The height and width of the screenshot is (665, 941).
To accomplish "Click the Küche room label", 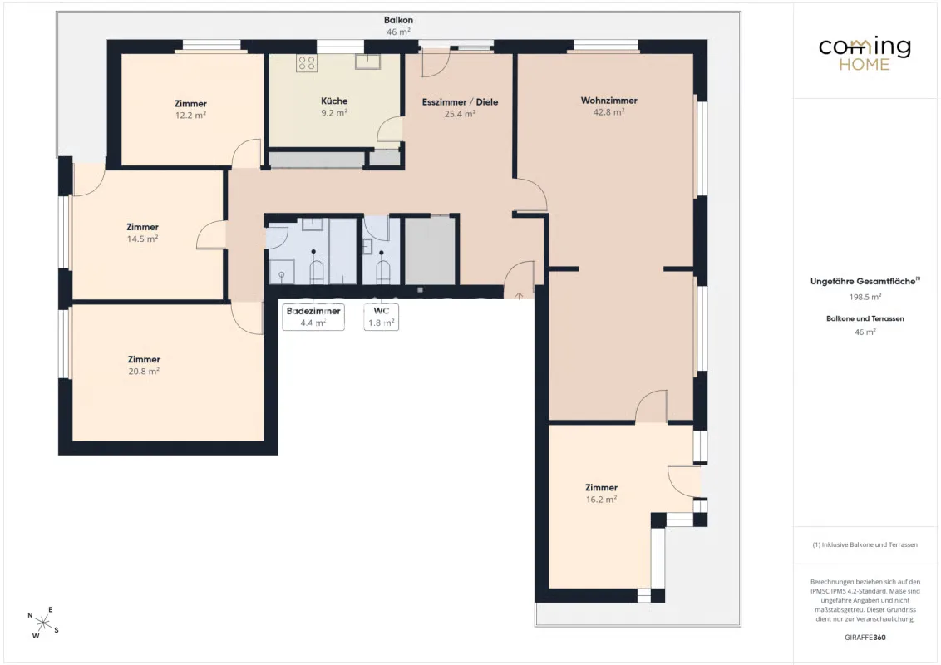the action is pyautogui.click(x=334, y=101).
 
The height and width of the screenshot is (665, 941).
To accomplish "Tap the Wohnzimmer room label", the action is pyautogui.click(x=608, y=101).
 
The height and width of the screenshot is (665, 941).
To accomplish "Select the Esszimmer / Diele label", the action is pyautogui.click(x=460, y=102).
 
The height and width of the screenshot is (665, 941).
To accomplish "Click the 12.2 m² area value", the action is pyautogui.click(x=190, y=116).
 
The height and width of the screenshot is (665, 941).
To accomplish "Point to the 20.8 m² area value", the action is pyautogui.click(x=144, y=371).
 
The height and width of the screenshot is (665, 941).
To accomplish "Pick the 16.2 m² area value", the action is pyautogui.click(x=601, y=500).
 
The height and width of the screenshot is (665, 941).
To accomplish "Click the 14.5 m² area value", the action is pyautogui.click(x=142, y=239).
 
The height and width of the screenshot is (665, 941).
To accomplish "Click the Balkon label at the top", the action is pyautogui.click(x=398, y=20).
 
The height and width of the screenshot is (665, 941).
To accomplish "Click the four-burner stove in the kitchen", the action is pyautogui.click(x=307, y=63).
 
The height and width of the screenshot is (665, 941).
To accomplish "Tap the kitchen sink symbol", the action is pyautogui.click(x=367, y=62).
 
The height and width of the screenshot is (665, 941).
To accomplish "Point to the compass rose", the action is pyautogui.click(x=43, y=623).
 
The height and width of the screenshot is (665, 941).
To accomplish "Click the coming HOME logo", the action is pyautogui.click(x=865, y=54).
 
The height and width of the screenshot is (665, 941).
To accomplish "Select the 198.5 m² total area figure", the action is pyautogui.click(x=865, y=297).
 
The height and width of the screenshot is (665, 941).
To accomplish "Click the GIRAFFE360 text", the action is pyautogui.click(x=865, y=638).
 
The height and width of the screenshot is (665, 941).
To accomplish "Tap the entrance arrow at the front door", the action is pyautogui.click(x=519, y=295).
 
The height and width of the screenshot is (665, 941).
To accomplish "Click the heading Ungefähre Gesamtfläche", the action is pyautogui.click(x=863, y=281).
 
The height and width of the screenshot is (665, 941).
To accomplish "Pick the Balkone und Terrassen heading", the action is pyautogui.click(x=865, y=318).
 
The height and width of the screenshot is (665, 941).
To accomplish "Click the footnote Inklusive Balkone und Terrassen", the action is pyautogui.click(x=865, y=545).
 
